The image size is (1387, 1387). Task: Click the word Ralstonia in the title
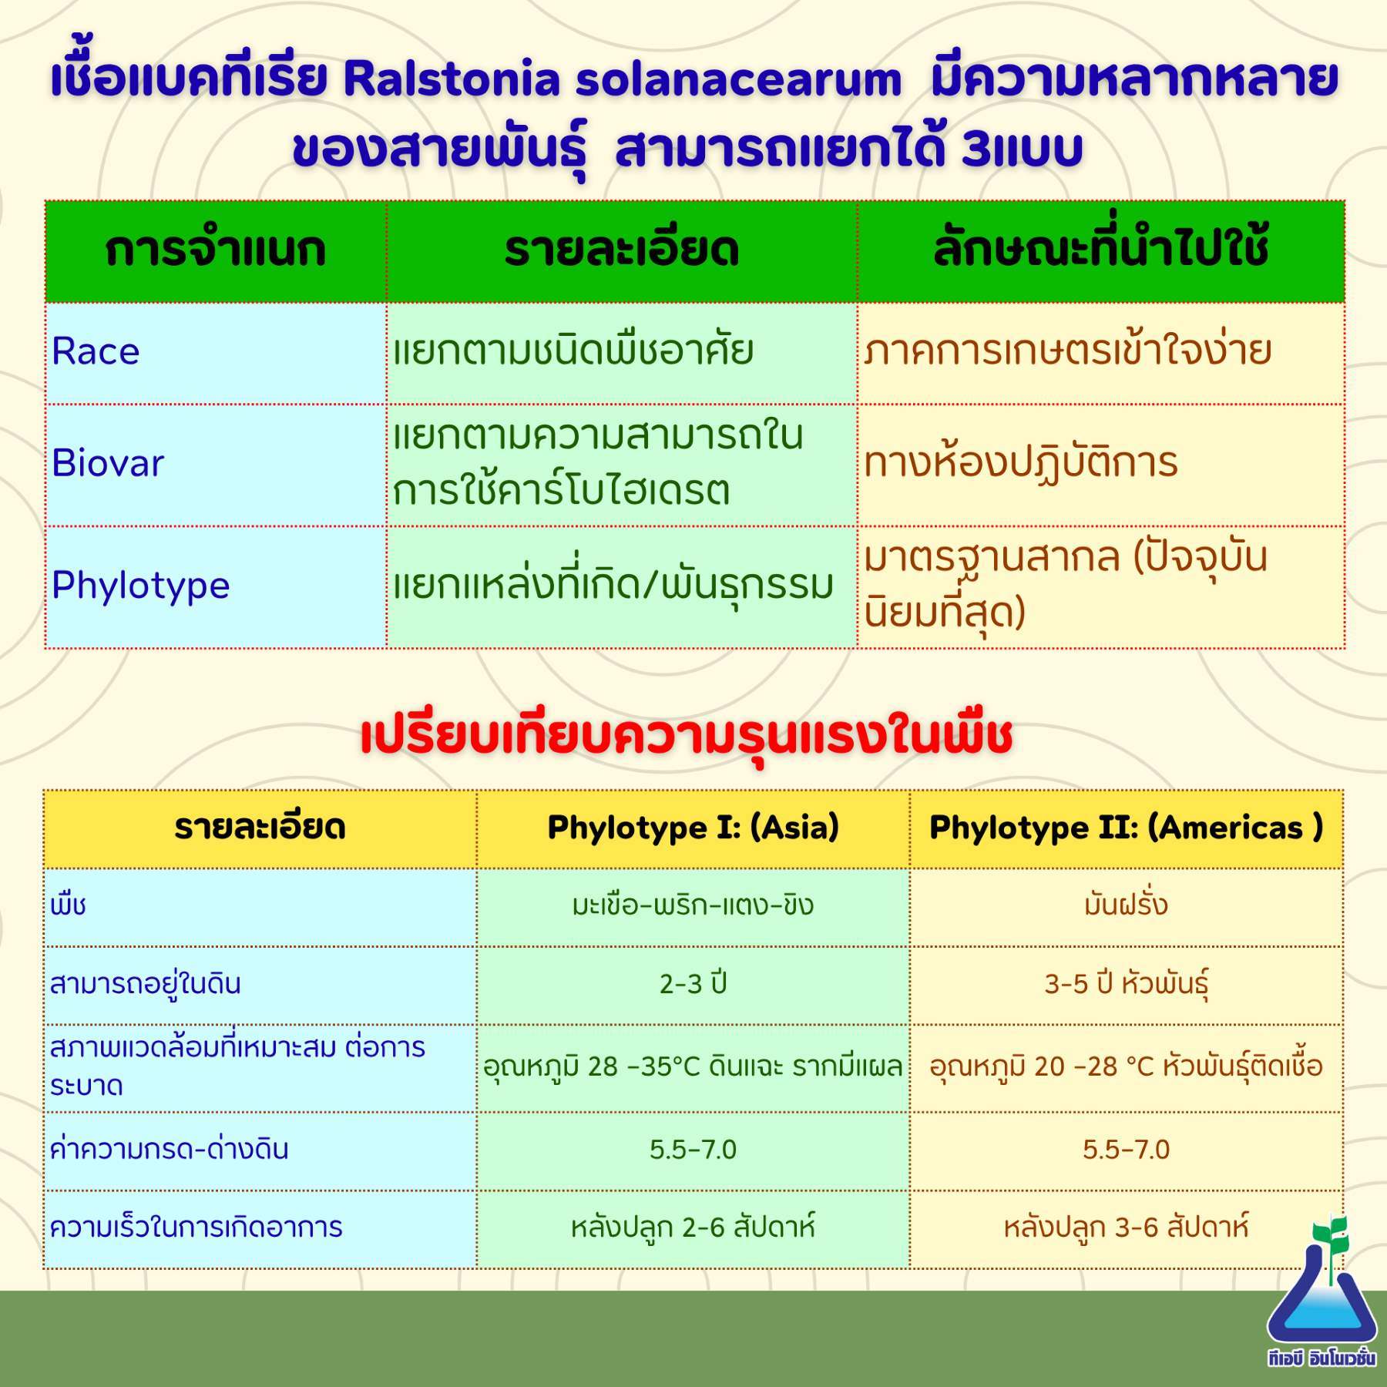[452, 79]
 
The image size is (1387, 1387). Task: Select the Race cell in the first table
[96, 351]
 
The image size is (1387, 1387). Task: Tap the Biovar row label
[108, 463]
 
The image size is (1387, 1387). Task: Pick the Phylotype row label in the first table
[141, 586]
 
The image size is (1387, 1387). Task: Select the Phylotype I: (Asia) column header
[693, 828]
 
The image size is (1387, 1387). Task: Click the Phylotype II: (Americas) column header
[1126, 828]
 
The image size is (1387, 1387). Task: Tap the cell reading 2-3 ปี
[693, 983]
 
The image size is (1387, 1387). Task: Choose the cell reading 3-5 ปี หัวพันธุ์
[1126, 984]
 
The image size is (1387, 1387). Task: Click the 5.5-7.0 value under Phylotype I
[693, 1150]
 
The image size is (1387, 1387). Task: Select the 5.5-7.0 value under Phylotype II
[1126, 1150]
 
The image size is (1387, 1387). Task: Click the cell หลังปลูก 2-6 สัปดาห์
[693, 1227]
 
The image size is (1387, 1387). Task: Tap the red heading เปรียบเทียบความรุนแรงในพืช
[686, 736]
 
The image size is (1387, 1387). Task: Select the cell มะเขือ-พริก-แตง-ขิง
[693, 905]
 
